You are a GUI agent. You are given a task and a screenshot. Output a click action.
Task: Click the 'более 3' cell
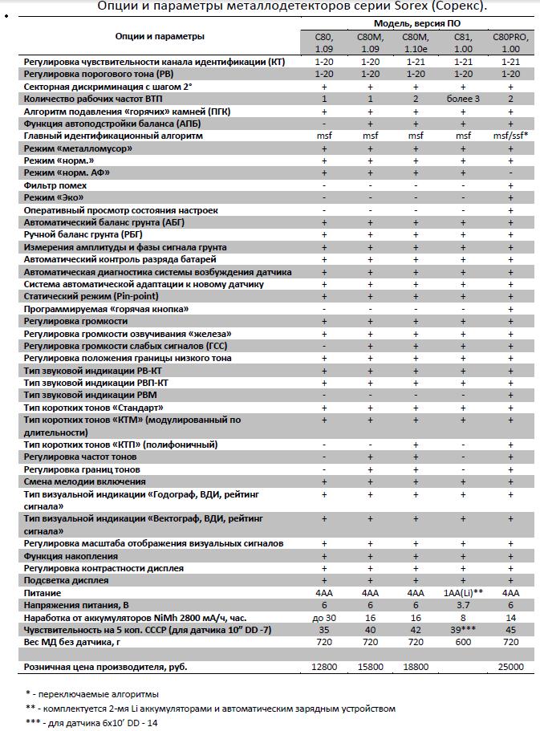pos(463,99)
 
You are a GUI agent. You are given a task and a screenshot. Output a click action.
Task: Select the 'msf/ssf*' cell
pos(510,136)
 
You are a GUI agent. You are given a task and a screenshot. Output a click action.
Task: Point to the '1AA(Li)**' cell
pos(463,593)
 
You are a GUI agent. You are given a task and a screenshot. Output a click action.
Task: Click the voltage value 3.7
pos(463,605)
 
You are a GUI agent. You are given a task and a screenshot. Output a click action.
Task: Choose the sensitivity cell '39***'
pos(463,630)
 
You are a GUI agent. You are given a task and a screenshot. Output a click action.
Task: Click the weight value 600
pos(463,643)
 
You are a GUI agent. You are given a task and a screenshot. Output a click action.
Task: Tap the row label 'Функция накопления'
pos(71,556)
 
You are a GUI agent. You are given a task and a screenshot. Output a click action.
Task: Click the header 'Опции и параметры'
pos(159,36)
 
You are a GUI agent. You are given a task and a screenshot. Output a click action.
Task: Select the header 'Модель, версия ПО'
pos(416,24)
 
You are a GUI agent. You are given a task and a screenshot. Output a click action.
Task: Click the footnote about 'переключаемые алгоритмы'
pos(91,693)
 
